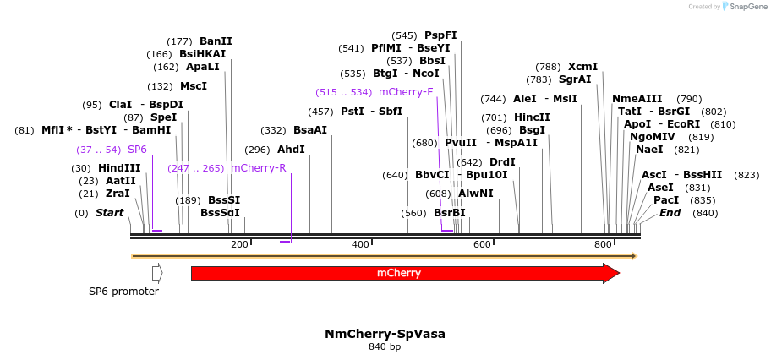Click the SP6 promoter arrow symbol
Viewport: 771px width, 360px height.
click(157, 273)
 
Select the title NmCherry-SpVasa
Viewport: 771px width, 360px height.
click(385, 334)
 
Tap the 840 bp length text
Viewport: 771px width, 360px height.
click(385, 347)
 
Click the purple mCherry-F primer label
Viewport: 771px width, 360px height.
click(406, 92)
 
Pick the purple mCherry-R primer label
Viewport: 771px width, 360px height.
click(258, 168)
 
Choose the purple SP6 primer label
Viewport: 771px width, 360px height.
click(137, 150)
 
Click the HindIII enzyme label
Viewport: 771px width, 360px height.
click(119, 168)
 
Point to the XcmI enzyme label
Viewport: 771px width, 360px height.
click(582, 67)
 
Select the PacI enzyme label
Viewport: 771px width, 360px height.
click(666, 200)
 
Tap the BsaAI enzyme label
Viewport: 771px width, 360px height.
click(309, 130)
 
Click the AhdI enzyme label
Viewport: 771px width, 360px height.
click(291, 150)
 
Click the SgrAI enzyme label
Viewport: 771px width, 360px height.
click(575, 79)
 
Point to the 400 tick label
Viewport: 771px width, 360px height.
click(361, 244)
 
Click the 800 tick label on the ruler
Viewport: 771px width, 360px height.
click(603, 244)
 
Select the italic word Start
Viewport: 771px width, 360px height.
click(109, 213)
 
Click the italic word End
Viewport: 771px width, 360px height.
click(670, 213)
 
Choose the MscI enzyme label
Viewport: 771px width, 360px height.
click(194, 86)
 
